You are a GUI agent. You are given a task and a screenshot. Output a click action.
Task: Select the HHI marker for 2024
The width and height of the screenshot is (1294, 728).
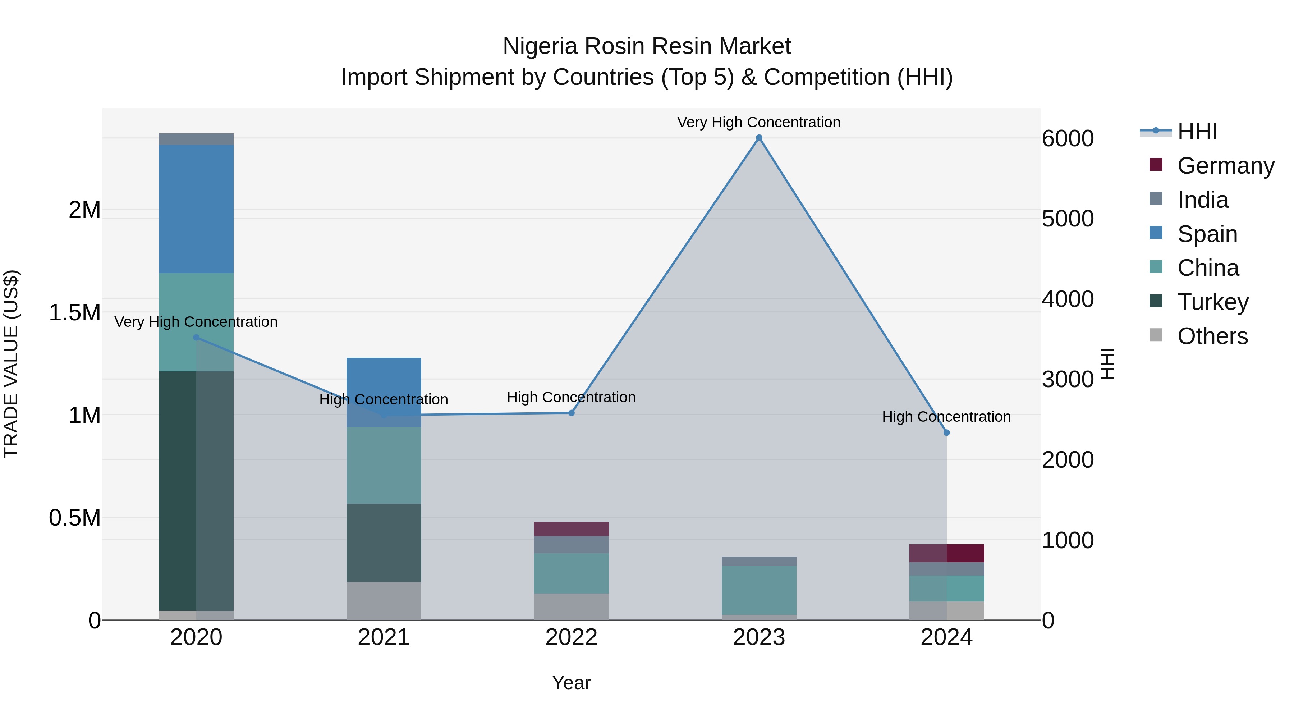[x=946, y=432]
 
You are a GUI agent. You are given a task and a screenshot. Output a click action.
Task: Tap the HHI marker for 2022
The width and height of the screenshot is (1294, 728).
[x=571, y=413]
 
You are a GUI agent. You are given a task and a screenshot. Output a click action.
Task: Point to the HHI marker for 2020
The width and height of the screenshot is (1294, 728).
[x=196, y=338]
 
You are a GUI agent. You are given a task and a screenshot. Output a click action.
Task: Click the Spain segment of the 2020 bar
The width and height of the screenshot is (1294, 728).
[x=196, y=209]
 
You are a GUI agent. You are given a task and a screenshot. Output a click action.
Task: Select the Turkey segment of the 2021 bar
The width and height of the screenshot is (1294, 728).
[x=384, y=542]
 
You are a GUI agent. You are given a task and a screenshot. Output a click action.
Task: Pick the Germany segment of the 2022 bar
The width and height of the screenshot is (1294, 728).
[x=571, y=529]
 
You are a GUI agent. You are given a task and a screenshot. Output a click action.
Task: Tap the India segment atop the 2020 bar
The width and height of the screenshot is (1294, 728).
[x=196, y=139]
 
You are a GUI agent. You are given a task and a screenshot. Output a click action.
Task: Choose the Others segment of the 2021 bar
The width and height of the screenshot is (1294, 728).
[x=384, y=601]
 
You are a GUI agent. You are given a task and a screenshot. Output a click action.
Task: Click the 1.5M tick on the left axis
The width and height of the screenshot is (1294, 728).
[x=74, y=312]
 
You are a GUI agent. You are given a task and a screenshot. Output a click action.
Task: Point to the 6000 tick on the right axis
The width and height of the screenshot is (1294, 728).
[x=1068, y=139]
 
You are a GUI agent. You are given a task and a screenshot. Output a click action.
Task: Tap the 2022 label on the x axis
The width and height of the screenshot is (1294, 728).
[x=571, y=637]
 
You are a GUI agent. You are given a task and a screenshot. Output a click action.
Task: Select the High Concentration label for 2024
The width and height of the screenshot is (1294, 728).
[x=946, y=417]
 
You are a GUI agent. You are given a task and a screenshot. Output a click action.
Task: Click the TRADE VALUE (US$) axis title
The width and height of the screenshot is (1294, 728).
[x=11, y=364]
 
